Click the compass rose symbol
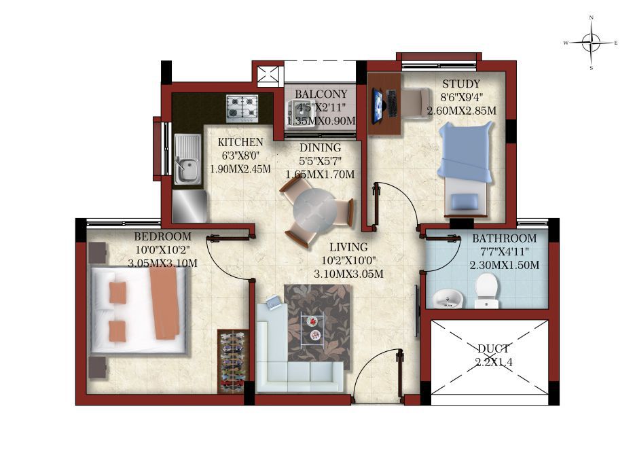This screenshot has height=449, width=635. pos(592,43)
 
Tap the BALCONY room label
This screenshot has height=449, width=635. pos(321,94)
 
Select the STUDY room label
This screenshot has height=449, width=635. pos(461,84)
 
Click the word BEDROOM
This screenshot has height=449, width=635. pos(163,236)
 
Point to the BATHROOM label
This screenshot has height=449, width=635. pos(504,238)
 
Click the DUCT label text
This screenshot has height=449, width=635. pos(493,348)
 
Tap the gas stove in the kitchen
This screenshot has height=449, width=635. pos(242,109)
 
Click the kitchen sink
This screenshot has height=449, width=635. pos(188,160)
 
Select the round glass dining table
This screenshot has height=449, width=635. pos(314,211)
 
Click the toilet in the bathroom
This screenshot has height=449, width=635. pos(486,291)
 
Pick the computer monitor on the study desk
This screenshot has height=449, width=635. pos(378,105)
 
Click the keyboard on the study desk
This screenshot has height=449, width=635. pos(392,103)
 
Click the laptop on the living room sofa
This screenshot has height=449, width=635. pos(274,302)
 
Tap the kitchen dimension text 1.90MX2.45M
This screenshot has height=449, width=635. pos(240,169)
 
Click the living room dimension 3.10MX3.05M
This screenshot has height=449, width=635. pos(348,274)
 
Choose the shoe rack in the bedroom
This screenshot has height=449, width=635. pos(233,361)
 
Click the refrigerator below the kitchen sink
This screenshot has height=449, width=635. pos(189,206)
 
